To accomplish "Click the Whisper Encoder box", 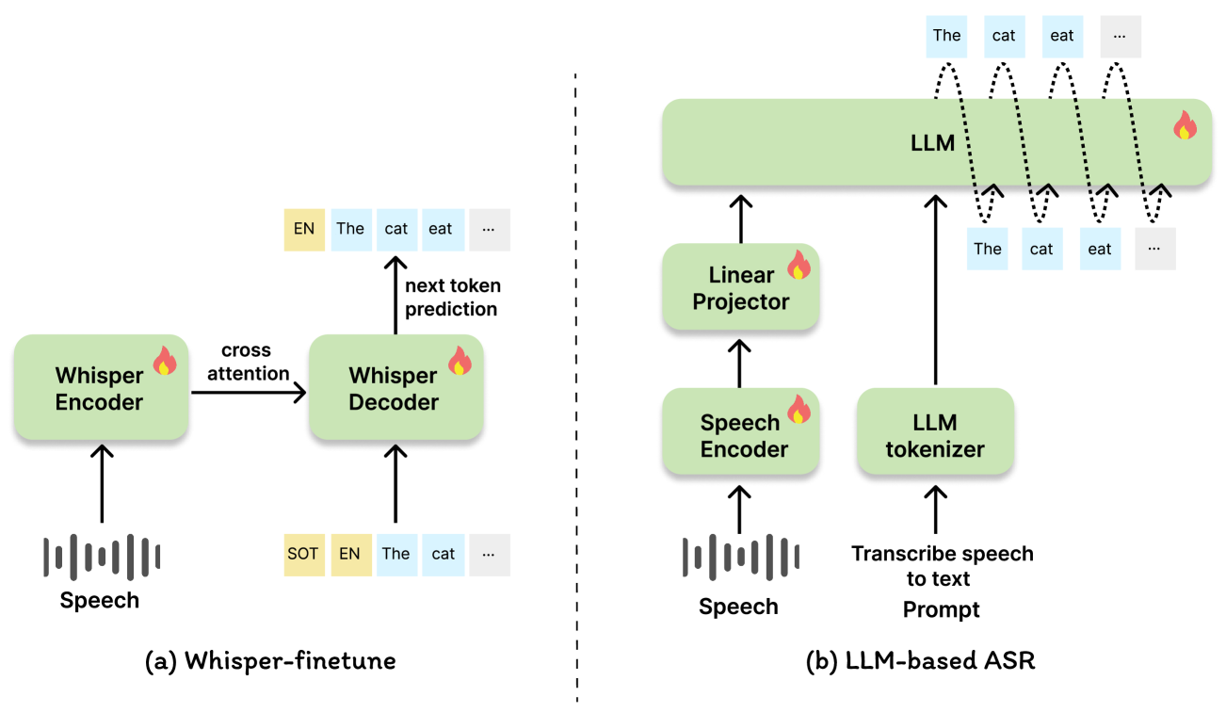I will (100, 388).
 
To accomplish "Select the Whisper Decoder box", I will (395, 388).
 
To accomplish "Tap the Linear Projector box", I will (740, 287).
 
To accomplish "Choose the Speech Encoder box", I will (740, 434).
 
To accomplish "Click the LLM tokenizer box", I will (935, 434).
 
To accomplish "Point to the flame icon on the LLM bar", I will (1184, 125).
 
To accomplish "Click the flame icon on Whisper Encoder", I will (164, 360).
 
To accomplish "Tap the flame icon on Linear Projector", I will (799, 265).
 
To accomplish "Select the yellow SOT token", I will (303, 554).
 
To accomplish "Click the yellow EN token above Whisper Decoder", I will (303, 229).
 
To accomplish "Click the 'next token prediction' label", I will (453, 297).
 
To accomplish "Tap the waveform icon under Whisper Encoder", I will (102, 557).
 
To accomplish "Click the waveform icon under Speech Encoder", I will (740, 557).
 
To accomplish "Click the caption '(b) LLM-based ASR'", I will (921, 661).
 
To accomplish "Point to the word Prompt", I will (941, 610).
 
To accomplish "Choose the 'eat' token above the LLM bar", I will (1061, 36).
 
